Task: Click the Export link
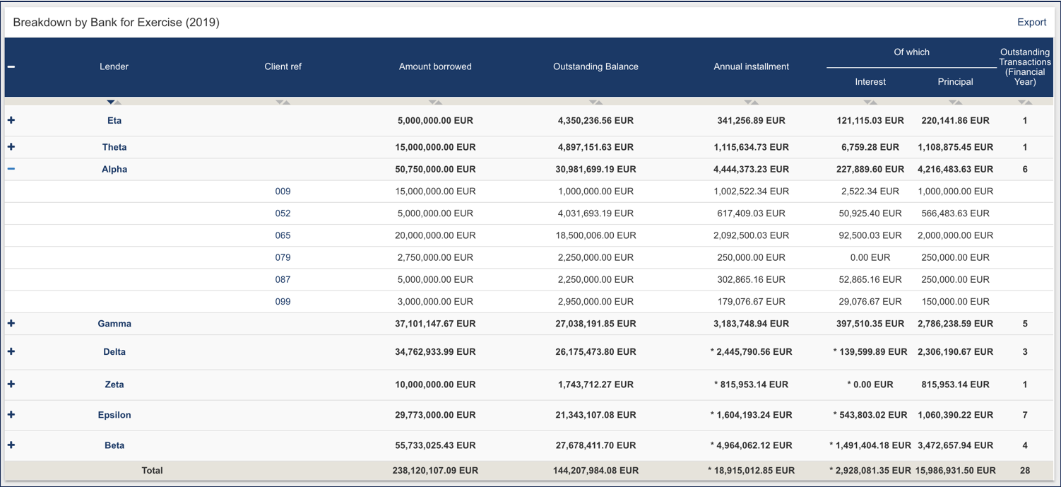tap(1031, 22)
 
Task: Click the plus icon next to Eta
tap(11, 120)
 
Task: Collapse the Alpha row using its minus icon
tap(11, 169)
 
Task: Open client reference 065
tap(283, 235)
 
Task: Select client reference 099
tap(283, 302)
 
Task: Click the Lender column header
tap(114, 66)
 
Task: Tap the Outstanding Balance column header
tap(595, 66)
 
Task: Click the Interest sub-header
tap(870, 82)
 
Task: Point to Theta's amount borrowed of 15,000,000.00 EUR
tap(434, 147)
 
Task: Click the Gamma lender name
tap(114, 324)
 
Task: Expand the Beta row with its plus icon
tap(11, 445)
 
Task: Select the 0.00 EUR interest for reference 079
tap(870, 257)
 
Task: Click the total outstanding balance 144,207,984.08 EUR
tap(595, 471)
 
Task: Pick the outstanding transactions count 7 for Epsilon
tap(1024, 415)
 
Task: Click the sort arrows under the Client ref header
tap(283, 102)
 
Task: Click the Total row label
tap(152, 471)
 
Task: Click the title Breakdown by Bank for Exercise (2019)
tap(116, 23)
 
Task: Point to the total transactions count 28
tap(1024, 471)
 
